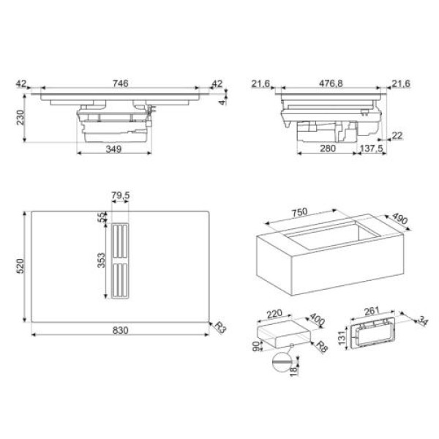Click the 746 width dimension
(x=121, y=83)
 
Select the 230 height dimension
(x=20, y=118)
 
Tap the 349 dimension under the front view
(x=113, y=149)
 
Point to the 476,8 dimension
(x=331, y=83)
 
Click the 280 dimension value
(x=328, y=149)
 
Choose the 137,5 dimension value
(x=371, y=149)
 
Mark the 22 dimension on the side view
(x=397, y=135)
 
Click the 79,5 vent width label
(x=121, y=195)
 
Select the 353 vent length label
(x=101, y=260)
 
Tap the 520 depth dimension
(x=20, y=266)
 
